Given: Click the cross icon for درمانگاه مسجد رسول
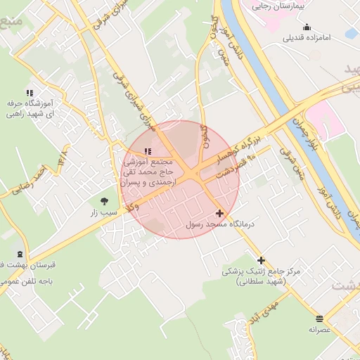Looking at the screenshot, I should pyautogui.click(x=219, y=212).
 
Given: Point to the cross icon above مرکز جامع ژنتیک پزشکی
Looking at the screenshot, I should pyautogui.click(x=261, y=260).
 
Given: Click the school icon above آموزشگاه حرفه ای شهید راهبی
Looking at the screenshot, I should pyautogui.click(x=30, y=93).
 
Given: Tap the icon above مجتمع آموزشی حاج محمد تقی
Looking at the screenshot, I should pyautogui.click(x=147, y=151).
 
